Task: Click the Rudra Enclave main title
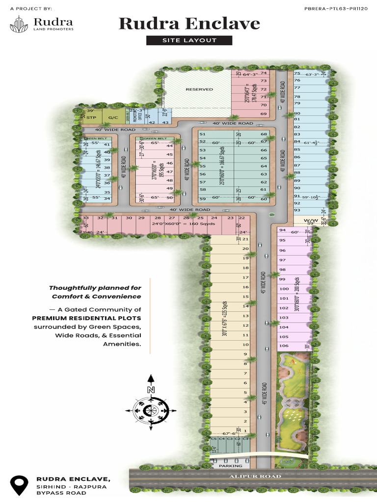189,24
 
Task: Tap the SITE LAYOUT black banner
189,40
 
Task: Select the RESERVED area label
199,89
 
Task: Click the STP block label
91,118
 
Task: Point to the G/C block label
113,118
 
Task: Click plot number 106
283,346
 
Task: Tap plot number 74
264,73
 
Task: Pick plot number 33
85,218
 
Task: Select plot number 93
296,210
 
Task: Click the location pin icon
19,484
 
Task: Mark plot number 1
245,430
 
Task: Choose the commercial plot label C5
214,439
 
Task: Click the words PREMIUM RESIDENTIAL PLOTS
86,318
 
